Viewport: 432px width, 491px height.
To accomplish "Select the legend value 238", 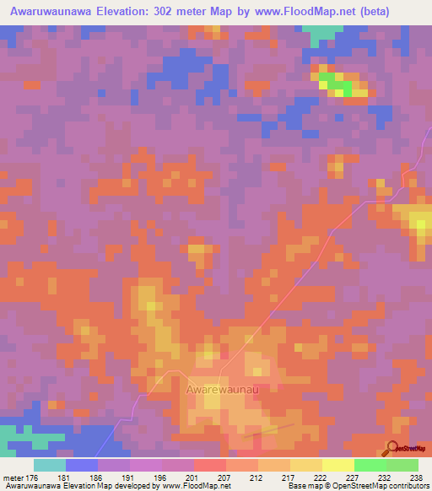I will point(415,478).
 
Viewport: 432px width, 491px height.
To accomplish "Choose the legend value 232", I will point(383,478).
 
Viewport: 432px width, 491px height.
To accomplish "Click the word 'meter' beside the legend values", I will point(15,478).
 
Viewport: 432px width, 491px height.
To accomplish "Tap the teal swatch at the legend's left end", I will point(50,465).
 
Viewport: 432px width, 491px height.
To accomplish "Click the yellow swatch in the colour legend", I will point(337,465).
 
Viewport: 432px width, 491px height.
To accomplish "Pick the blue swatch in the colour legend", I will point(82,465).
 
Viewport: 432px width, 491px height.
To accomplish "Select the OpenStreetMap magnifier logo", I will point(393,449).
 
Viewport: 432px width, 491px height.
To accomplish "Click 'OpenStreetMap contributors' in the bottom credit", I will point(377,487).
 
